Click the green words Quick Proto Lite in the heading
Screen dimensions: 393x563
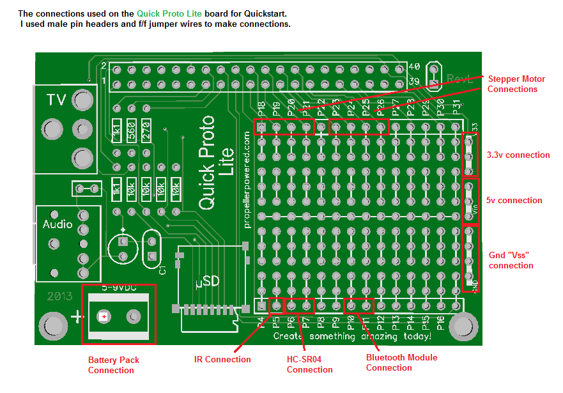167,13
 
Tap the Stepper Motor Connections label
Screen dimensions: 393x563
516,84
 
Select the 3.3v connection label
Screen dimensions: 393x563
518,155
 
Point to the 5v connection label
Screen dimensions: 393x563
514,201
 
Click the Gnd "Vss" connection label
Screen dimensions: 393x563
511,260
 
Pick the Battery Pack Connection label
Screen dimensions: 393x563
113,365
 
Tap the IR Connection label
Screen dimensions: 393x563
222,359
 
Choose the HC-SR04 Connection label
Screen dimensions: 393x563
309,364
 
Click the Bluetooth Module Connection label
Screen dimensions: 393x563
401,362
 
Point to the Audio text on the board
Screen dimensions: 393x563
58,224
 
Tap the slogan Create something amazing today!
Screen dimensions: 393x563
351,336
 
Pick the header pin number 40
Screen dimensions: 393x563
413,67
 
